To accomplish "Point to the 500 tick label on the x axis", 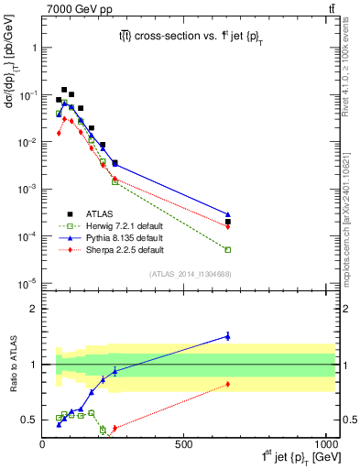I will pyautogui.click(x=185, y=443).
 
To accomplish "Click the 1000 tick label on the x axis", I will pyautogui.click(x=324, y=443).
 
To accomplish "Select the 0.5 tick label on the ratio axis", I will pyautogui.click(x=30, y=420).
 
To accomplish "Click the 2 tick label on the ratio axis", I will pyautogui.click(x=34, y=309).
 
